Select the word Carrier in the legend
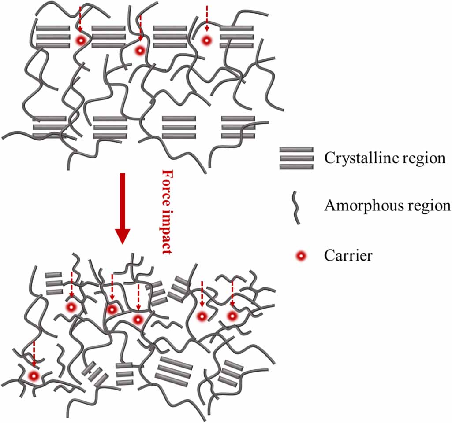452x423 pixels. [348, 255]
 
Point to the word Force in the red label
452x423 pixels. [167, 187]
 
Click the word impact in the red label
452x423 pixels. [167, 231]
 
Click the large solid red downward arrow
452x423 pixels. [123, 209]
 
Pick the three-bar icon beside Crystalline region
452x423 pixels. [296, 158]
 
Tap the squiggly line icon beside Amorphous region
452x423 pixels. [296, 208]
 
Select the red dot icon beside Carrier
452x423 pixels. [301, 255]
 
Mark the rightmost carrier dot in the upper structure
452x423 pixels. [206, 41]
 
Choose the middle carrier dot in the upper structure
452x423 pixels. [140, 51]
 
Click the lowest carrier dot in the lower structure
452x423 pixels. [34, 376]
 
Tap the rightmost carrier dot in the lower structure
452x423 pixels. [232, 316]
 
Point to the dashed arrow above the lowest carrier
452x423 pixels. [34, 354]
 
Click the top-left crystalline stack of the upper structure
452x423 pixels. [53, 37]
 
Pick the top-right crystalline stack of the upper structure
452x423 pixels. [237, 37]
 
